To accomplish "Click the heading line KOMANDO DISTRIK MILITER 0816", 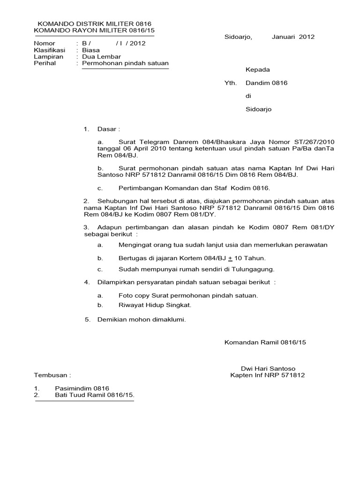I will (x=94, y=23).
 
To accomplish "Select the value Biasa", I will (x=91, y=50).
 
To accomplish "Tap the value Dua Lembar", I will (x=102, y=56).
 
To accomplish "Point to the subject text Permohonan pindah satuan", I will (x=125, y=63).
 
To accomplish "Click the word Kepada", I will (x=258, y=70).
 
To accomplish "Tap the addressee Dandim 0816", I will (x=266, y=83).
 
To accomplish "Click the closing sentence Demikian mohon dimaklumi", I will (x=142, y=320).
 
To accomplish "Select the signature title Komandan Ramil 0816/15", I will (x=265, y=342).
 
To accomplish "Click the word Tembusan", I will (x=52, y=375).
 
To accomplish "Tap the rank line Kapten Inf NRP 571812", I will (x=267, y=375).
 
